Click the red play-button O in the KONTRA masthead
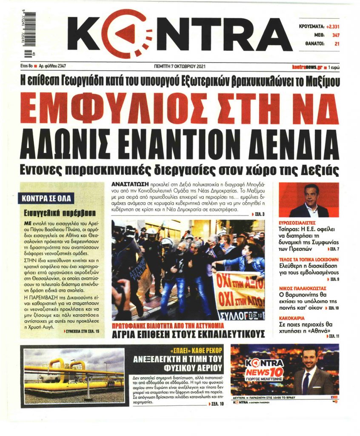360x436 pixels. click(x=126, y=34)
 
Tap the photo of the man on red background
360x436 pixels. click(x=309, y=200)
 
